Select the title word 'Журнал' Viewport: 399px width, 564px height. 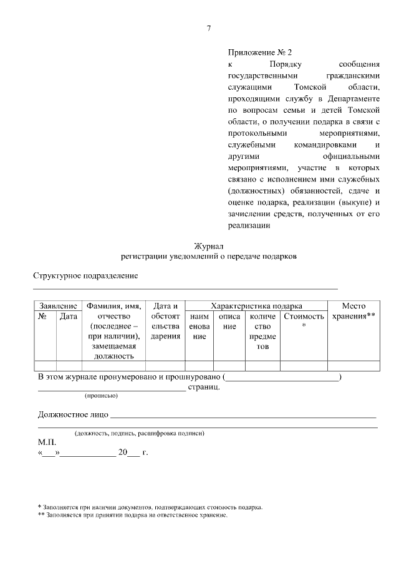pyautogui.click(x=209, y=246)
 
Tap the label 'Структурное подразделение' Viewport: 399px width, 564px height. pyautogui.click(x=85, y=275)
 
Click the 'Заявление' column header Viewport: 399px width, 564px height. pyautogui.click(x=58, y=306)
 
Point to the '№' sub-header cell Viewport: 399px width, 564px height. pyautogui.click(x=44, y=317)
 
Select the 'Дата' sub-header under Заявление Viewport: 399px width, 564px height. pyautogui.click(x=69, y=317)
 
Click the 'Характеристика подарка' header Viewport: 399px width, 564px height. pyautogui.click(x=256, y=306)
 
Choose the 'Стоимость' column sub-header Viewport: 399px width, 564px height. pyautogui.click(x=304, y=317)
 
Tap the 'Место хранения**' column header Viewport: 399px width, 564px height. pyautogui.click(x=353, y=311)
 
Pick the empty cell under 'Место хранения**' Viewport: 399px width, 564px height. pyautogui.click(x=353, y=366)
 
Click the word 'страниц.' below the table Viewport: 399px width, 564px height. pyautogui.click(x=204, y=387)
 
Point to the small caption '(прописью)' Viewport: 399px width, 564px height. pyautogui.click(x=101, y=396)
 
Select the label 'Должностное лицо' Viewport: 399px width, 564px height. pyautogui.click(x=74, y=414)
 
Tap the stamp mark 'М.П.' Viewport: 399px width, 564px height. pyautogui.click(x=47, y=442)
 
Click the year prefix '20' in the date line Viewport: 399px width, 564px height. pyautogui.click(x=131, y=452)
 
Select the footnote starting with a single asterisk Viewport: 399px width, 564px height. pyautogui.click(x=150, y=507)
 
